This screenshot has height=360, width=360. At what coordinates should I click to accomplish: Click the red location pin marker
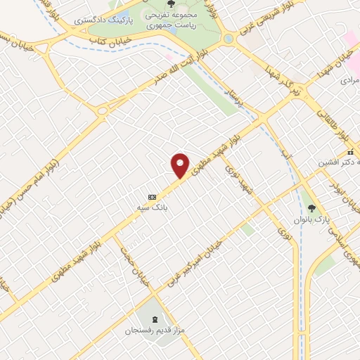coord(181,166)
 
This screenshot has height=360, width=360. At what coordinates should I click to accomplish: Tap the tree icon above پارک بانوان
coord(311,207)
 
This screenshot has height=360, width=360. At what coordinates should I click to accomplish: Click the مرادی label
coord(349,80)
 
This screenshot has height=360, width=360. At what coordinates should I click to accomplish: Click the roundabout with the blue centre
coord(228,39)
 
